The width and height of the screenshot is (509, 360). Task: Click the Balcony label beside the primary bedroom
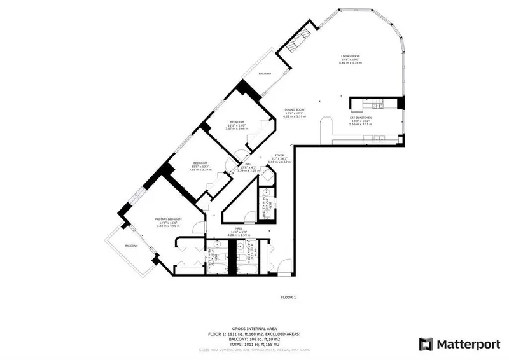(131, 246)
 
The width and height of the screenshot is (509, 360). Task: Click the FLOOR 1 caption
(288, 297)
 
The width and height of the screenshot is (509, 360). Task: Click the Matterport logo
(459, 344)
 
